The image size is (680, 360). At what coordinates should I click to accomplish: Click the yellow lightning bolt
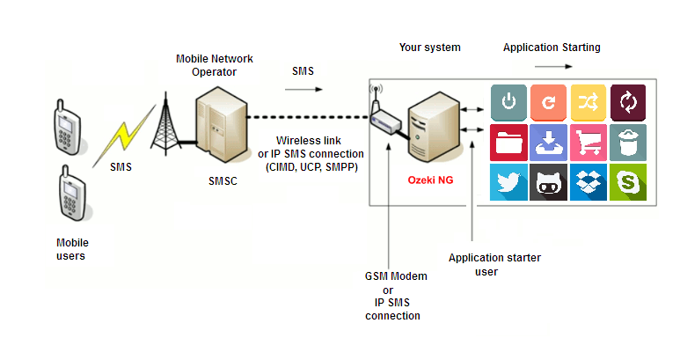124,136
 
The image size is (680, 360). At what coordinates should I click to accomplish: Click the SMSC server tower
221,124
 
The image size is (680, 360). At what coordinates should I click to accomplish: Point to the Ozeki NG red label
430,180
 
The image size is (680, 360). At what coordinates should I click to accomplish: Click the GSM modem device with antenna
384,115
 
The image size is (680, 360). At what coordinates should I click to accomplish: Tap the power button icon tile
508,102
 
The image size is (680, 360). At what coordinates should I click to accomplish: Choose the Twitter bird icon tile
508,182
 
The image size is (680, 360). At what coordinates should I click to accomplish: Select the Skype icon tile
628,182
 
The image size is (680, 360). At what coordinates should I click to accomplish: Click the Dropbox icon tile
588,182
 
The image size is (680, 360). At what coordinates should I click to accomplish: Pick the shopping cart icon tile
588,143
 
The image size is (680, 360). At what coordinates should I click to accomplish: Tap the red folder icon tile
508,143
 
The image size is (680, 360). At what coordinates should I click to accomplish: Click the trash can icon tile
628,143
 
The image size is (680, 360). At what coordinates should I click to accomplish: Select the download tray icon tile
549,143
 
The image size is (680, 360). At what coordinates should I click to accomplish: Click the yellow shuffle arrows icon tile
588,102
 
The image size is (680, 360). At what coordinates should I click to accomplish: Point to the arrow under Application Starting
553,66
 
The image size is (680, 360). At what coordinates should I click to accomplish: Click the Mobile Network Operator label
215,65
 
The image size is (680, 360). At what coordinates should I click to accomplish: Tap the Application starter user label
494,265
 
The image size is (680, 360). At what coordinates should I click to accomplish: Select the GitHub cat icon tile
549,182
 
